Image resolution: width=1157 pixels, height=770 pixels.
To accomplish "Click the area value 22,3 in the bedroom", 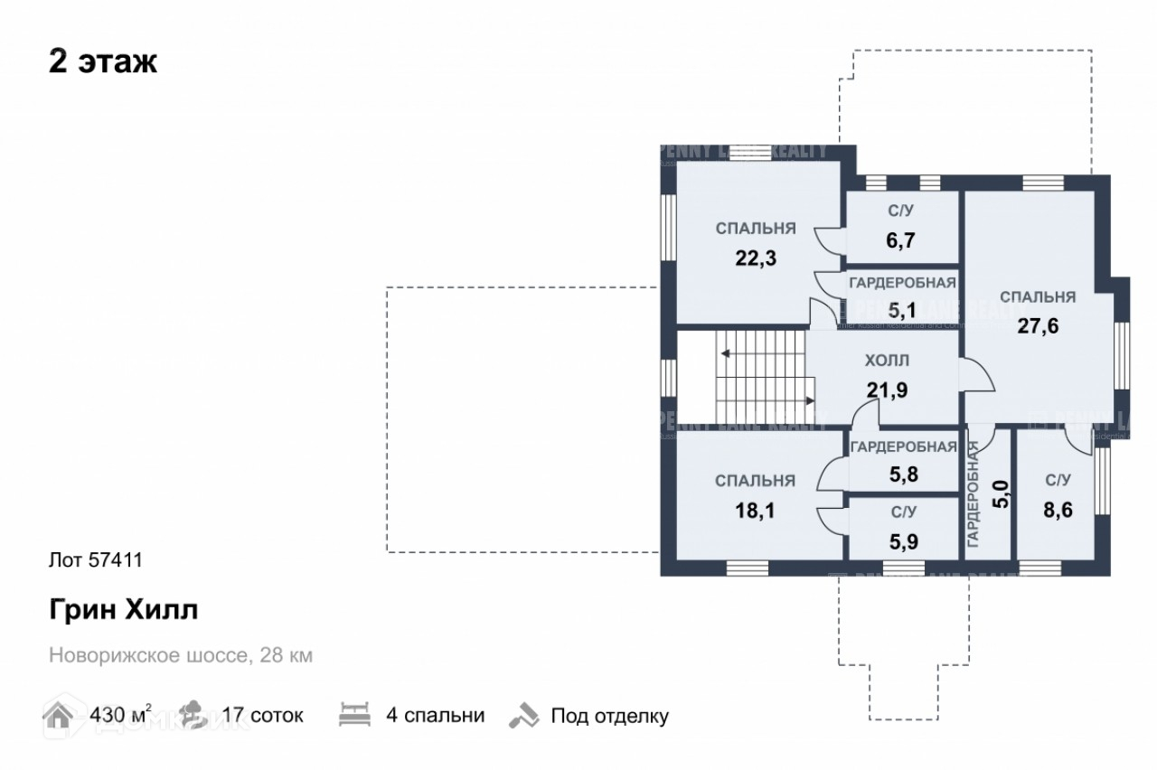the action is (756, 258).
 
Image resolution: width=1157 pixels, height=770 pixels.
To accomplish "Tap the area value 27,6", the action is (1038, 326).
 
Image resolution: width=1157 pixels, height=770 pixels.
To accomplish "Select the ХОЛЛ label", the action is (887, 361).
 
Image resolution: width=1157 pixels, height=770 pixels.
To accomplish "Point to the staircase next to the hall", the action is (763, 380).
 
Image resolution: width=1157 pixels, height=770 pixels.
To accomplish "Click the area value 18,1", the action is (756, 511).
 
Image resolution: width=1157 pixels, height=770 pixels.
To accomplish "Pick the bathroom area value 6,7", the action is (901, 241).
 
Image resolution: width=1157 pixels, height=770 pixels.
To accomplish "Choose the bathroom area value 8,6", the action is (1058, 511).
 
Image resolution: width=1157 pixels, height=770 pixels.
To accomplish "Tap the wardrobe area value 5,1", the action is (901, 311).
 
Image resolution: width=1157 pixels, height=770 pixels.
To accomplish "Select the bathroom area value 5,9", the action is (901, 545).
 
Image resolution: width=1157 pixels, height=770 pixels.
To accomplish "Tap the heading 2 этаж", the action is (103, 62).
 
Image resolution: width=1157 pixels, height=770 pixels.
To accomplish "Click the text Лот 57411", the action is (95, 560).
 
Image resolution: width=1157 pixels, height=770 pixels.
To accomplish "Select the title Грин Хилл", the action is (123, 610).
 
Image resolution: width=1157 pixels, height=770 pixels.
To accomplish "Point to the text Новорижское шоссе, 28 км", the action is (181, 655).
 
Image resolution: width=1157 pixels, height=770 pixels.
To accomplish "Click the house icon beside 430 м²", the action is (60, 715).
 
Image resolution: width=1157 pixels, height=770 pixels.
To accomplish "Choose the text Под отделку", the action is (610, 717).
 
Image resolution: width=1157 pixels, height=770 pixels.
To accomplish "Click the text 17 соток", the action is (262, 717).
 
